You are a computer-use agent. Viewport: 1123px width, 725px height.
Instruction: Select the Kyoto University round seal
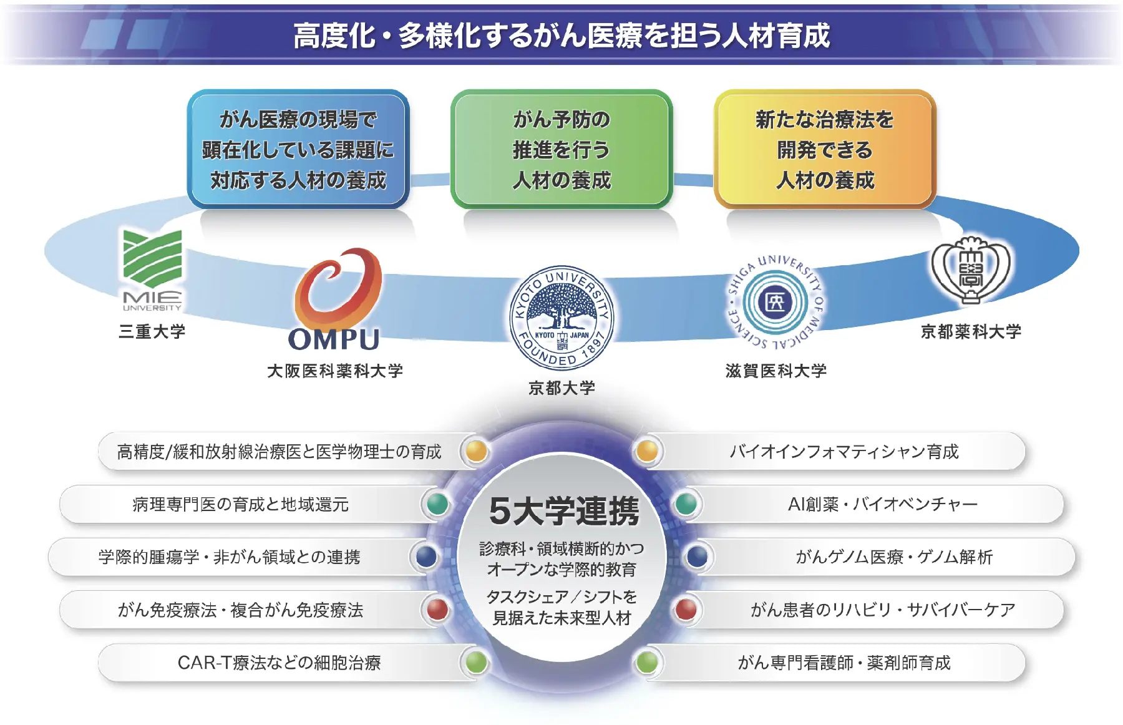point(561,318)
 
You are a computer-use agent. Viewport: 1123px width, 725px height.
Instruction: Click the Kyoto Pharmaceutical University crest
point(970,270)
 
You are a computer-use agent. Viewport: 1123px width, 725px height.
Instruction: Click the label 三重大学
point(152,331)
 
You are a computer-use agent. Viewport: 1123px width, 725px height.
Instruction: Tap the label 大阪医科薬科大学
point(335,371)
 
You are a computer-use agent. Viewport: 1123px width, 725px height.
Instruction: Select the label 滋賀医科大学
point(775,371)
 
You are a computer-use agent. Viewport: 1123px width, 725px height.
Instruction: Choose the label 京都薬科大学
point(971,331)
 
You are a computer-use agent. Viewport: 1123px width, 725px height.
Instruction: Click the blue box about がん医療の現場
point(298,149)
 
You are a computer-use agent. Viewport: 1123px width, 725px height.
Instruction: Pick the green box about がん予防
point(561,149)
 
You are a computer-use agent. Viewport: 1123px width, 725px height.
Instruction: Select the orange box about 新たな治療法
point(824,149)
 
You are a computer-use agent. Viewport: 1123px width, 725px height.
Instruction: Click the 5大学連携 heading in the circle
point(563,511)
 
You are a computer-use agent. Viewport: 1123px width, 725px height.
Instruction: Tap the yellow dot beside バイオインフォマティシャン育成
point(647,450)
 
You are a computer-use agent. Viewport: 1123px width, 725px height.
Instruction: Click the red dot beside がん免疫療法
point(437,610)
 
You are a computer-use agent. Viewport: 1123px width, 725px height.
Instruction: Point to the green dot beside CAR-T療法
point(476,662)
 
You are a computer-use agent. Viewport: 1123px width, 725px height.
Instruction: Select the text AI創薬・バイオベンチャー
point(882,504)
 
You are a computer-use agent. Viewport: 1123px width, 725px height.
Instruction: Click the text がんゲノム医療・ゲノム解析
point(893,557)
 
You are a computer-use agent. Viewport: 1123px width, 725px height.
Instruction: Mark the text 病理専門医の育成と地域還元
point(240,504)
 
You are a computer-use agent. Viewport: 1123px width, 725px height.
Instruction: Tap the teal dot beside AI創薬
point(686,504)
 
